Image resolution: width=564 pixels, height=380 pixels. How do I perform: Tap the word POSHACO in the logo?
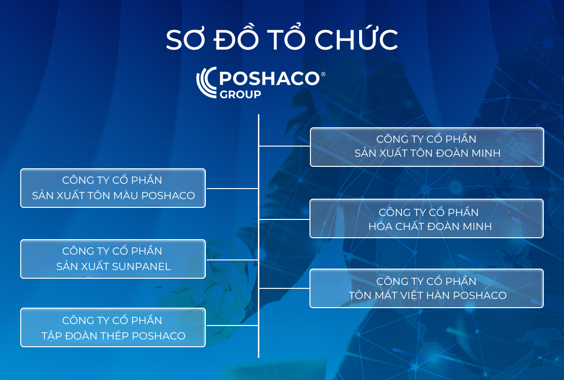269,78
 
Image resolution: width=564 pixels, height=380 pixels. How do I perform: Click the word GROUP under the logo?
240,95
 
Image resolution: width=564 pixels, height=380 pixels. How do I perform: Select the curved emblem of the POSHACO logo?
206,82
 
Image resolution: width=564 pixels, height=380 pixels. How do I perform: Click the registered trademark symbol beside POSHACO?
323,74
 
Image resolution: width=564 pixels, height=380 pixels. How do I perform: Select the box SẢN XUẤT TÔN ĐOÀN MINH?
427,147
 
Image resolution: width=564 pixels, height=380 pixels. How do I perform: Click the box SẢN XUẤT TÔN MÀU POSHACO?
113,188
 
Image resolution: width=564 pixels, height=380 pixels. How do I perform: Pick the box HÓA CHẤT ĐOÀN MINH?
427,218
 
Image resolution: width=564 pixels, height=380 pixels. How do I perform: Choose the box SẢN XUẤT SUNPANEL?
113,259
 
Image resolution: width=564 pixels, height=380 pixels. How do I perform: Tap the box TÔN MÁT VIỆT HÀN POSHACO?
427,288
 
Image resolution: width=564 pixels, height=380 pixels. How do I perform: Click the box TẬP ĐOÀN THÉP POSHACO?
113,327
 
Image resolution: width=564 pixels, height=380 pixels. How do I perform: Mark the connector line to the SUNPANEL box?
232,260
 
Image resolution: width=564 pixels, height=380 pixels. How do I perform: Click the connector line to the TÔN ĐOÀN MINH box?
284,146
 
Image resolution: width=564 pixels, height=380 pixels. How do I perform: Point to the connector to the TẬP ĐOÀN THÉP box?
232,326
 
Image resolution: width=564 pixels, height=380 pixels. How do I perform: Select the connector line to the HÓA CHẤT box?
284,219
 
